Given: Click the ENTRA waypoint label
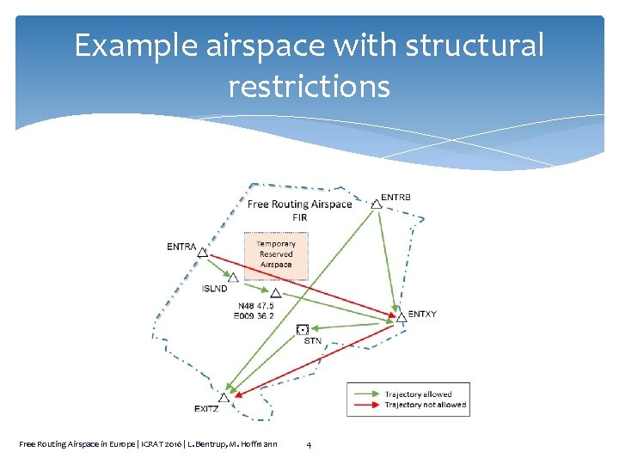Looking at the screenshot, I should [181, 247].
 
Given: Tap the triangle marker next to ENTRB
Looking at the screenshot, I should [376, 204].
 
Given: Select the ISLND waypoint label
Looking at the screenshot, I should [215, 289].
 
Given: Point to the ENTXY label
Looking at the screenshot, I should [422, 314].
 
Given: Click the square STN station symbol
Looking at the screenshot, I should [302, 329].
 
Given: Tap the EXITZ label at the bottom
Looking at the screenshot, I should [206, 409].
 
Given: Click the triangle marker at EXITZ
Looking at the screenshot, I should [224, 397].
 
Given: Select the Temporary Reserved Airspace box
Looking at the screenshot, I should [275, 254].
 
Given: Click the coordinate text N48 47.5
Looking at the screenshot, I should [254, 306].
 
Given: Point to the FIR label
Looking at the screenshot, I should [299, 217].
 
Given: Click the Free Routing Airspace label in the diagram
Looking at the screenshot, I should [299, 205].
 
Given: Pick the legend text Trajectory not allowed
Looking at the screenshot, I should [425, 405].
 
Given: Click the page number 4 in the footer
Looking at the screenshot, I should [309, 444].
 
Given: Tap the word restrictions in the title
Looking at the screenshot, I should [309, 86].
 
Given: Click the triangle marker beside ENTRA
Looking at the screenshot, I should [203, 252].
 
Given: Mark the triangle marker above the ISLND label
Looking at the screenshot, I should [233, 278].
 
